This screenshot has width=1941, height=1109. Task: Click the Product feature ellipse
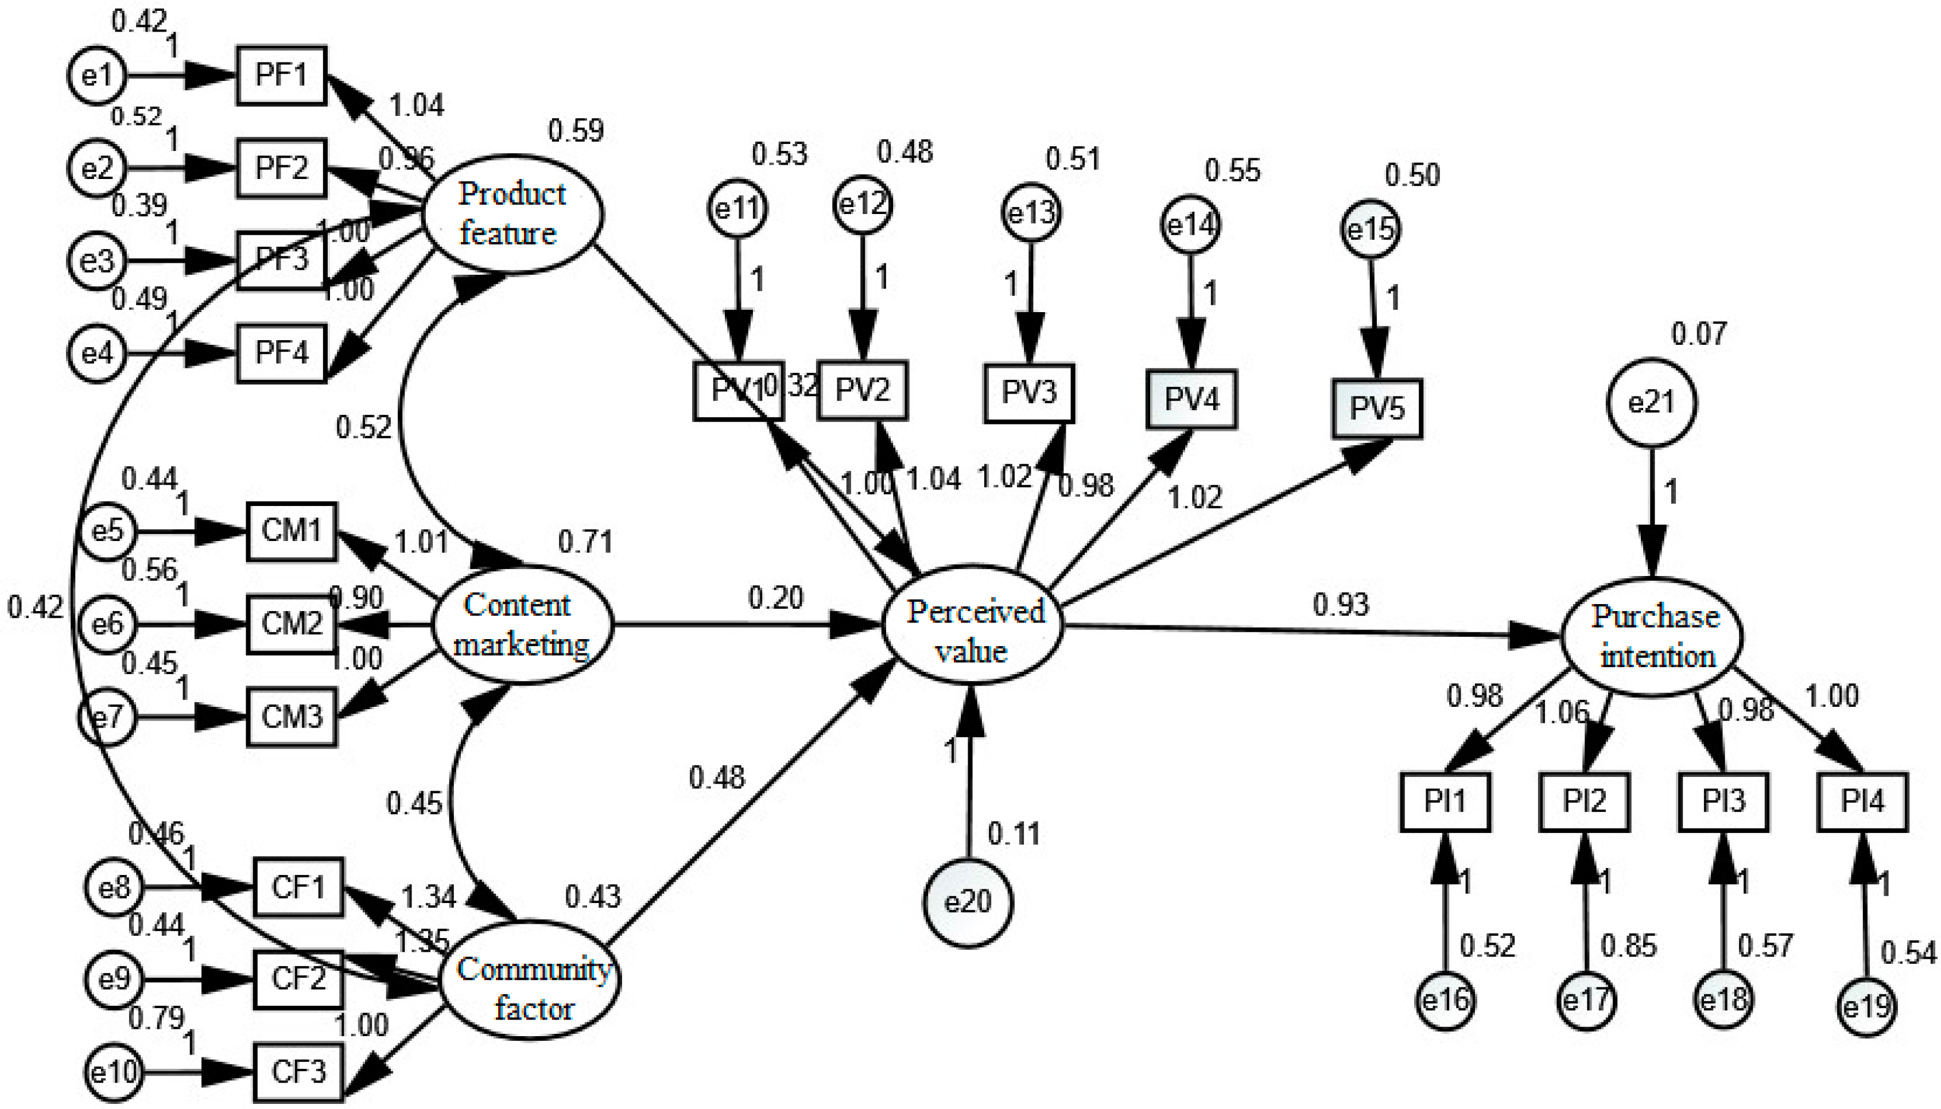[513, 214]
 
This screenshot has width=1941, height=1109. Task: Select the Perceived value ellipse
[973, 625]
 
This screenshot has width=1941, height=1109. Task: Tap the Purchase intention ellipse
[1652, 637]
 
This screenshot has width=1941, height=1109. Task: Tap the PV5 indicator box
[1376, 409]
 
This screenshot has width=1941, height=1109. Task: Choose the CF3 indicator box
[298, 1072]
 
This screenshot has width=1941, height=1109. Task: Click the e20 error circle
[968, 902]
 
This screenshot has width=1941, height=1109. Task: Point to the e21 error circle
[1652, 402]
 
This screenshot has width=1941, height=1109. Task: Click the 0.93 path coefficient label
[1341, 605]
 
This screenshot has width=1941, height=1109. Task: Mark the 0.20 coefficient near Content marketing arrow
[775, 598]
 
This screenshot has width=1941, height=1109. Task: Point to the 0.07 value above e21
[1699, 333]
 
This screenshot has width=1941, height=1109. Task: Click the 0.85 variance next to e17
[1628, 946]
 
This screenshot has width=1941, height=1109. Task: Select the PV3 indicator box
[1028, 393]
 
